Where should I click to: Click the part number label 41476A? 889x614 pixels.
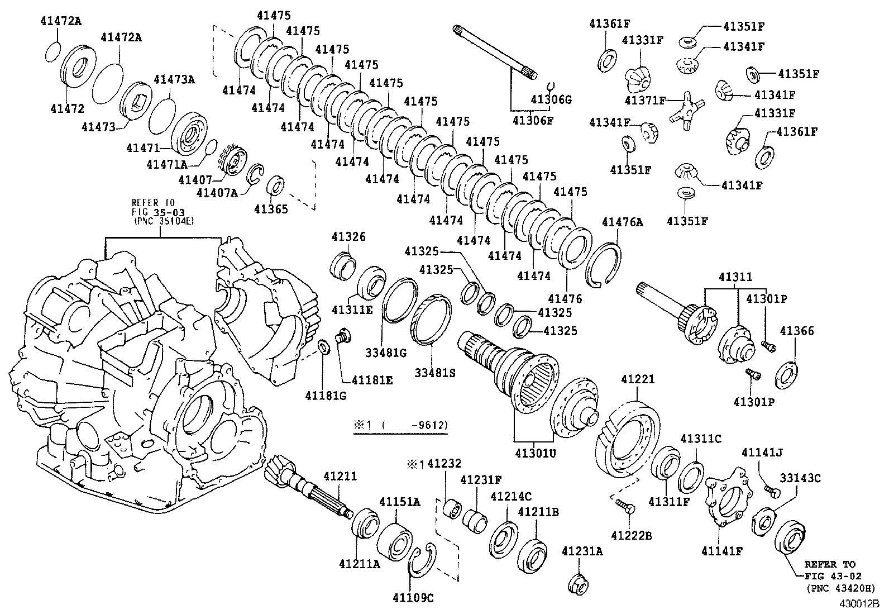point(622,222)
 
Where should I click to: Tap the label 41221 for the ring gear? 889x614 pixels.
point(638,380)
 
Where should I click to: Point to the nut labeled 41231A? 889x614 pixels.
point(579,585)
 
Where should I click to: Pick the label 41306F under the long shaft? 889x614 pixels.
point(532,119)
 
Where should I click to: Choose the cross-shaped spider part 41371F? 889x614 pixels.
point(686,107)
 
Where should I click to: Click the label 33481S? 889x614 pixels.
point(434,372)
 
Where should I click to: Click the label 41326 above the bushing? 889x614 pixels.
point(347,237)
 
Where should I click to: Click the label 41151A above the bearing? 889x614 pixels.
point(400,502)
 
